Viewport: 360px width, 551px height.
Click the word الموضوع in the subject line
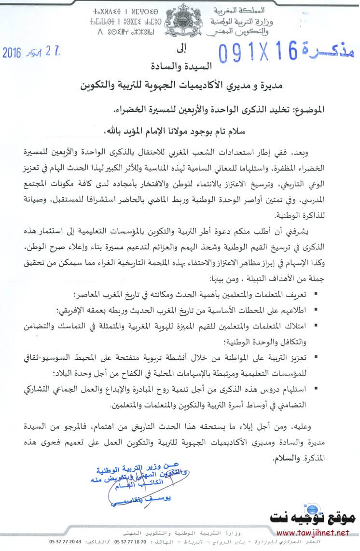click(x=315, y=110)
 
